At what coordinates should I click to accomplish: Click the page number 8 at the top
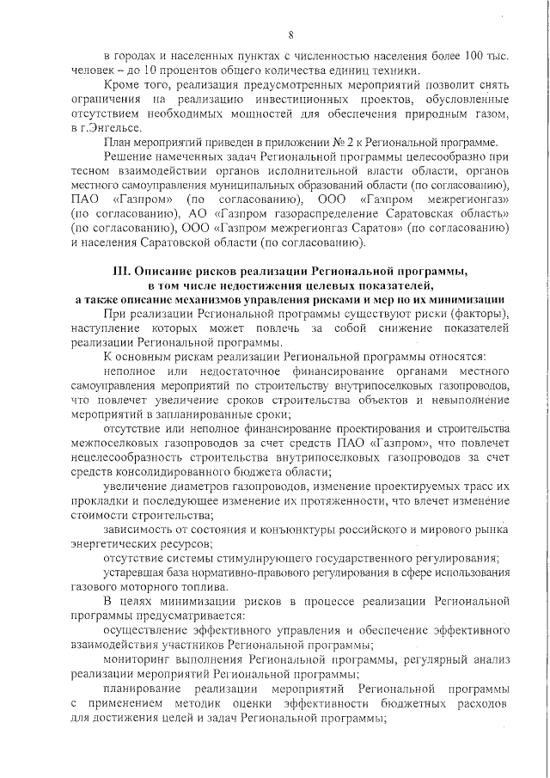(x=291, y=34)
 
